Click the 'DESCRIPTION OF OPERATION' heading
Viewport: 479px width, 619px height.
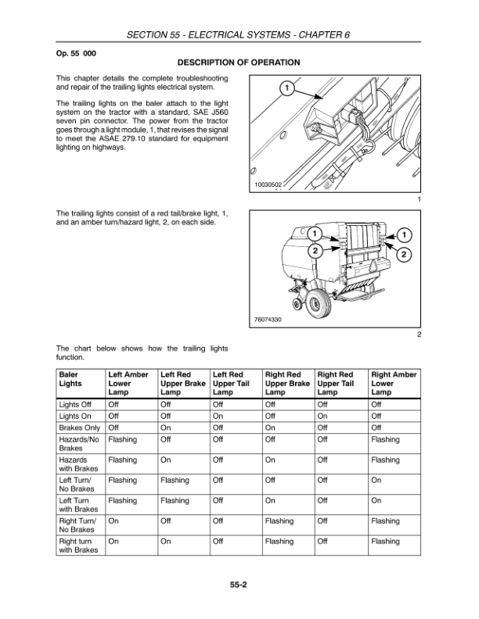point(239,62)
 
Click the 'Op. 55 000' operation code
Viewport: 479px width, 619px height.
point(76,51)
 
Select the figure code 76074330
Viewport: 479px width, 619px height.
point(268,320)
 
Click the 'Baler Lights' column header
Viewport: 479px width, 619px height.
point(70,379)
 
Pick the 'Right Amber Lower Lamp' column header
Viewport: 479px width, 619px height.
point(394,383)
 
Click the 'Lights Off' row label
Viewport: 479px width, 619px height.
point(75,405)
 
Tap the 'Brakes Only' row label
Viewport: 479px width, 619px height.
point(79,428)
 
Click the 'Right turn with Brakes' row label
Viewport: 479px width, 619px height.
point(78,546)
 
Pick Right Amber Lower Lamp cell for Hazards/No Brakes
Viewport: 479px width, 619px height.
point(385,440)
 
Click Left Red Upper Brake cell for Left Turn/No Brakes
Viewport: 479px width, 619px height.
point(175,481)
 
